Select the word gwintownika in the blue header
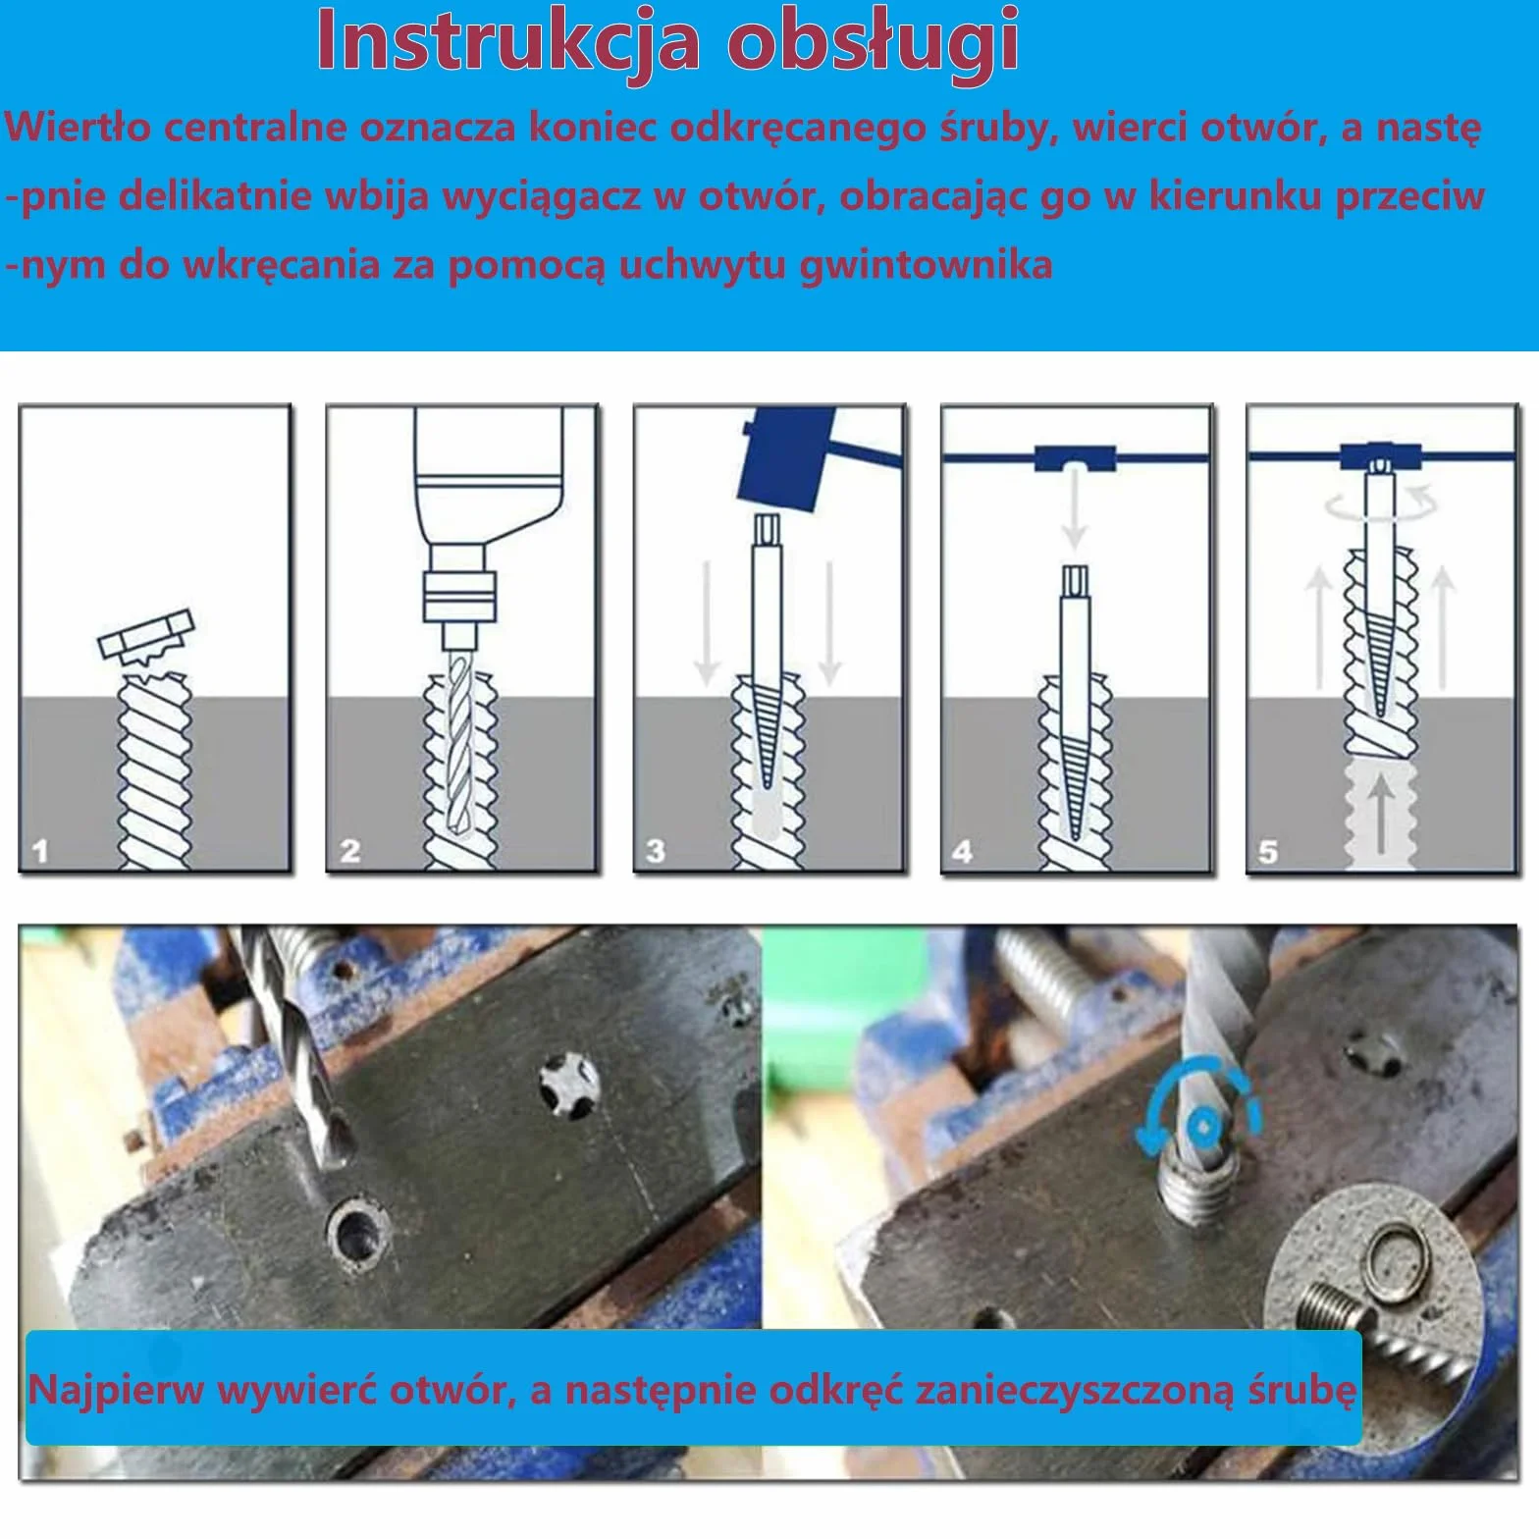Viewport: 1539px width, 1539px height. pyautogui.click(x=926, y=265)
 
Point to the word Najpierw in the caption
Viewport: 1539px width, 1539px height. pyautogui.click(x=116, y=1391)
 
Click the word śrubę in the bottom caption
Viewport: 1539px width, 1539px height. pyautogui.click(x=1302, y=1390)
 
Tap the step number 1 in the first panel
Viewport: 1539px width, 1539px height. pyautogui.click(x=39, y=850)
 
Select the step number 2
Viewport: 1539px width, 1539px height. pyautogui.click(x=349, y=850)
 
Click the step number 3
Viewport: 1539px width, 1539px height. pyautogui.click(x=656, y=850)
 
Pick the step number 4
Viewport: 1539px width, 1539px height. pyautogui.click(x=962, y=850)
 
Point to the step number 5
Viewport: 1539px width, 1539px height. pyautogui.click(x=1268, y=850)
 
